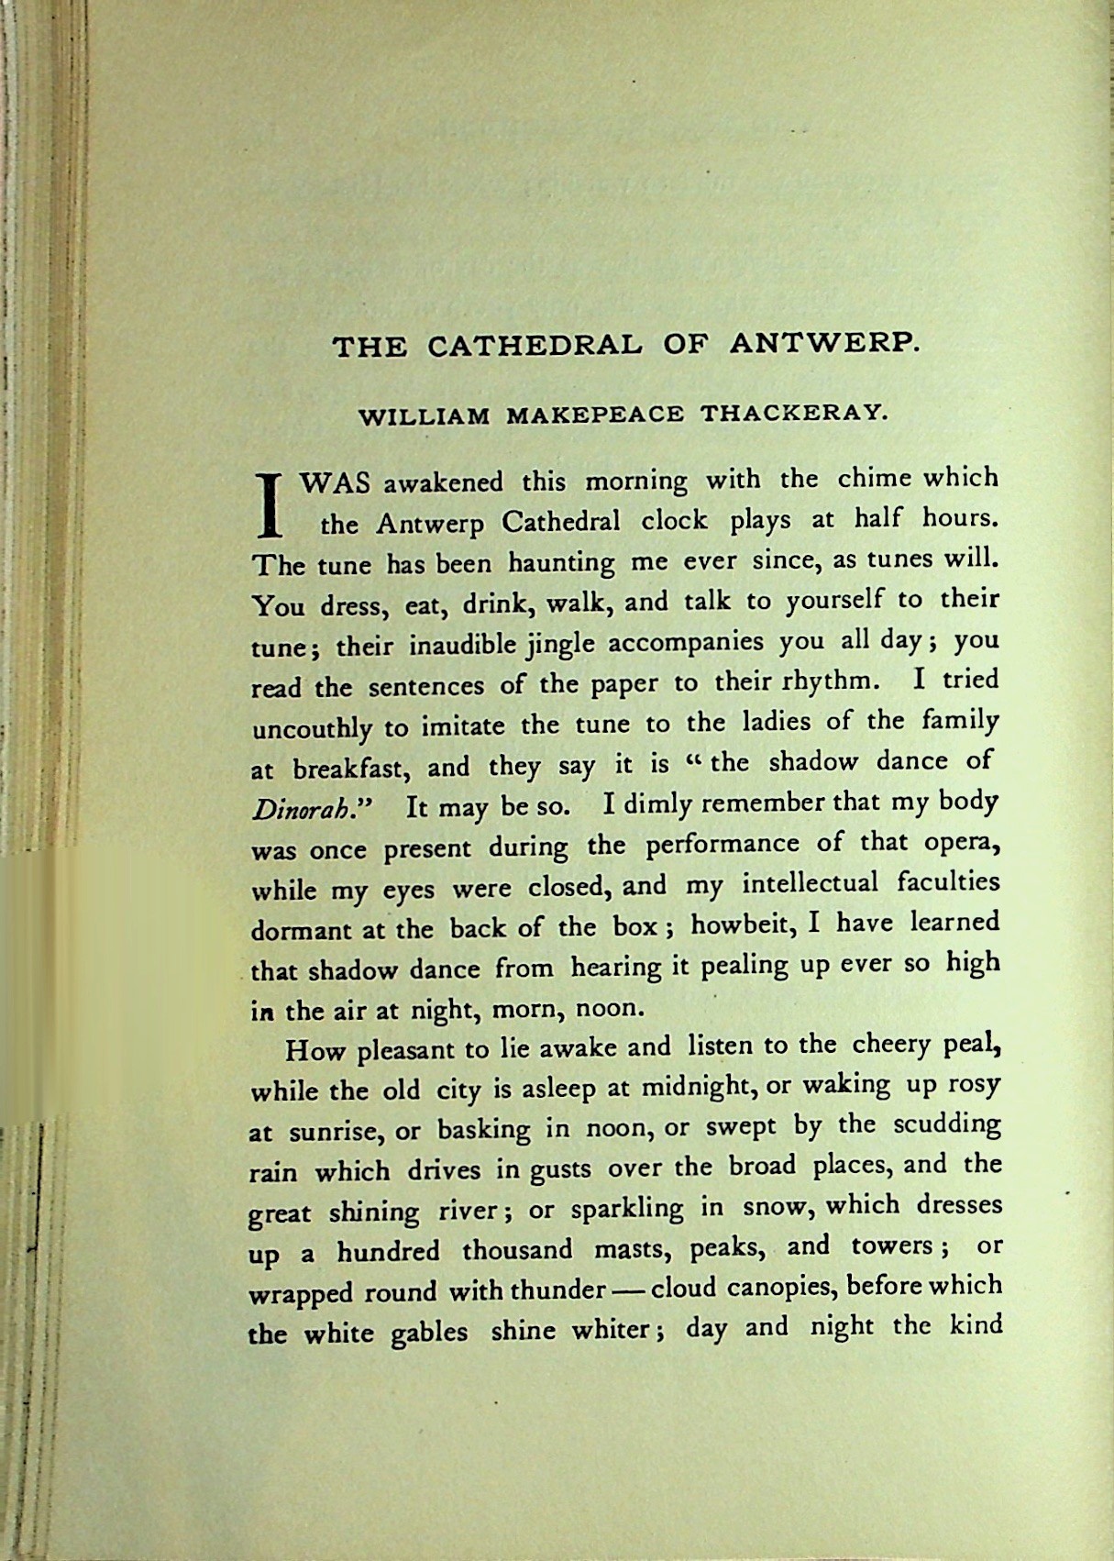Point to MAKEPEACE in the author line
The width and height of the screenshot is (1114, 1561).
(x=595, y=415)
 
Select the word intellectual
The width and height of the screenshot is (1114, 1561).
(x=810, y=885)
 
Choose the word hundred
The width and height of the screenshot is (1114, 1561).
(x=388, y=1251)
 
